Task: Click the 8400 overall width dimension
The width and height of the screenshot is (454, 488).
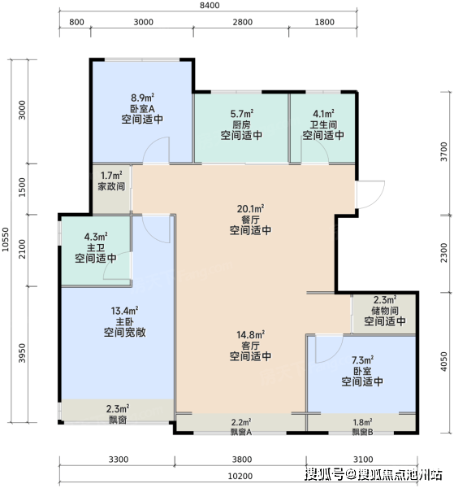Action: (210, 6)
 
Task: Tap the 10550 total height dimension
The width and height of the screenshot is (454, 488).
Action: (6, 239)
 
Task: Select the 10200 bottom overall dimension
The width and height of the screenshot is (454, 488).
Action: (240, 476)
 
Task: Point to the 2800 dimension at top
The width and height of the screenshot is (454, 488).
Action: (242, 22)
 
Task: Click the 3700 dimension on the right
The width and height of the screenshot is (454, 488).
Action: (444, 151)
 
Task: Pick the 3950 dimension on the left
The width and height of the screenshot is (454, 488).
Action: (22, 353)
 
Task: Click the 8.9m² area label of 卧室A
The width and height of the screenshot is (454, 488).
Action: (143, 98)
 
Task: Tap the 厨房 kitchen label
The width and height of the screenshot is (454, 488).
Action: (241, 124)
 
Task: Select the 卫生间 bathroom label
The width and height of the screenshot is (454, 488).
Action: (323, 124)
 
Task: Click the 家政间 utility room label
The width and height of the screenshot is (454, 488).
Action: (111, 186)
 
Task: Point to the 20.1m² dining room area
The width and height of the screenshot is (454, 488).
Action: (250, 208)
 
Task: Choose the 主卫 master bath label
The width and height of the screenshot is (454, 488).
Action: (96, 248)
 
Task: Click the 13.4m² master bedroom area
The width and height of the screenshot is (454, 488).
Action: (124, 311)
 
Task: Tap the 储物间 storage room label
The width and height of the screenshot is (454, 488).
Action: (385, 311)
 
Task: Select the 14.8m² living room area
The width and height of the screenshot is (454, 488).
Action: (250, 334)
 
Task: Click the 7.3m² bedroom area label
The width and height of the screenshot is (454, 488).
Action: (362, 360)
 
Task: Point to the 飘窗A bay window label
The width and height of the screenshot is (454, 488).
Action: (241, 432)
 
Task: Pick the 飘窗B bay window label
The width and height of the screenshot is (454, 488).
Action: (362, 432)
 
